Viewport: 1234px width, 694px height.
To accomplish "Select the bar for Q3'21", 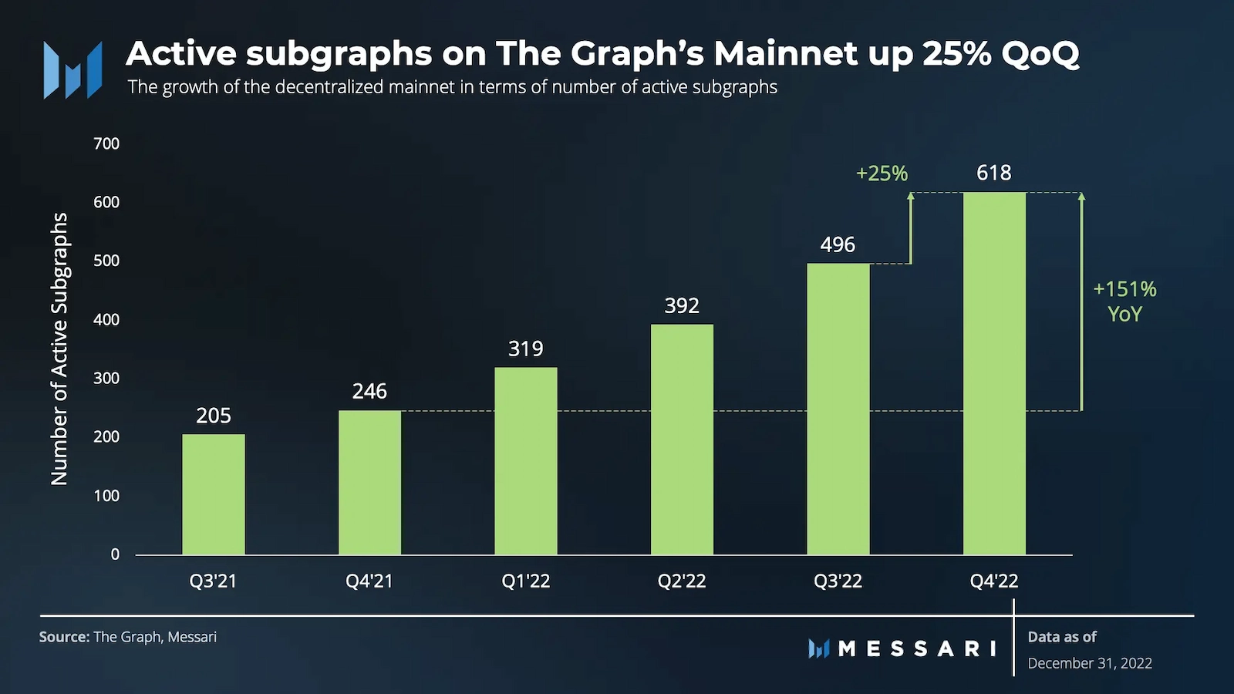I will [x=214, y=494].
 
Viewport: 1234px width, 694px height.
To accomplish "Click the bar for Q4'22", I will [x=994, y=374].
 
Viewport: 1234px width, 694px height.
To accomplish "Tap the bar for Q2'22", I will [x=682, y=440].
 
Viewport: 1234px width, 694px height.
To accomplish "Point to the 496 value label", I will [x=838, y=245].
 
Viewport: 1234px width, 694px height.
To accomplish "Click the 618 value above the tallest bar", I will [x=993, y=173].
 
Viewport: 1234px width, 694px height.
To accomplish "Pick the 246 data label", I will [x=369, y=392].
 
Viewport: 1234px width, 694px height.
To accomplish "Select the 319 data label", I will [x=526, y=349].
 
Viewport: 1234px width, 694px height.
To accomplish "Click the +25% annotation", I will [x=882, y=173].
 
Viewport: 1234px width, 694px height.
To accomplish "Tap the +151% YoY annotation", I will [x=1124, y=302].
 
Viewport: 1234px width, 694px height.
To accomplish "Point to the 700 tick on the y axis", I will [x=106, y=143].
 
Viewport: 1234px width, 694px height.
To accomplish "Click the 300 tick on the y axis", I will [x=106, y=378].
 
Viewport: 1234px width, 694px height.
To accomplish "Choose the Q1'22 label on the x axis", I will [x=526, y=581].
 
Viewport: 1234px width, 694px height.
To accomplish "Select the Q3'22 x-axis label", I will [x=838, y=581].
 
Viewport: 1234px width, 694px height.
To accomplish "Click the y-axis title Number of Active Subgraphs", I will [x=59, y=349].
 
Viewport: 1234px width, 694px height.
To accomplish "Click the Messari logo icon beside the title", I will [x=72, y=70].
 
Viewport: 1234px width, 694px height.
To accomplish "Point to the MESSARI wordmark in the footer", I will [x=917, y=649].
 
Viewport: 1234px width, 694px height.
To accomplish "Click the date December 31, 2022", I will [x=1090, y=663].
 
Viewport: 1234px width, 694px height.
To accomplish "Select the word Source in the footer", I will [x=64, y=637].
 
